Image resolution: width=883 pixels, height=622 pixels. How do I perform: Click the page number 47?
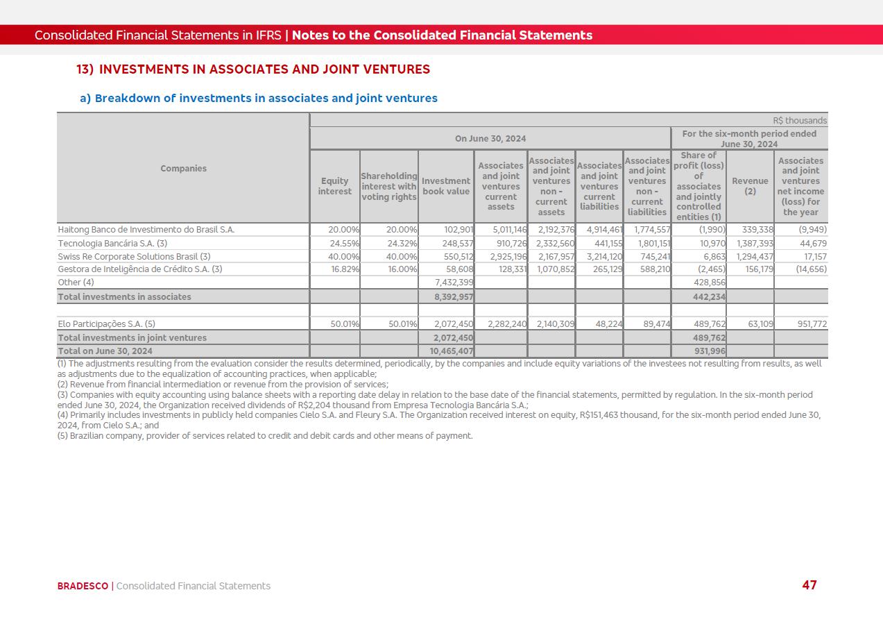pyautogui.click(x=809, y=585)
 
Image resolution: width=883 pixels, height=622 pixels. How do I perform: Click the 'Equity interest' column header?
pyautogui.click(x=335, y=186)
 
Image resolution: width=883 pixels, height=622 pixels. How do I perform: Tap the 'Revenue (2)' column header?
pyautogui.click(x=750, y=186)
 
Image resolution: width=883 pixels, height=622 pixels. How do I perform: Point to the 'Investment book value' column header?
pyautogui.click(x=446, y=186)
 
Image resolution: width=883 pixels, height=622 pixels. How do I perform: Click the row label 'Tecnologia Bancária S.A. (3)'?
pyautogui.click(x=112, y=244)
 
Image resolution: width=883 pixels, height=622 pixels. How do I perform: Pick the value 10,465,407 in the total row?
pyautogui.click(x=452, y=351)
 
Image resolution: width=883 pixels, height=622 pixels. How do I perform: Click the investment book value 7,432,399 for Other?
pyautogui.click(x=454, y=283)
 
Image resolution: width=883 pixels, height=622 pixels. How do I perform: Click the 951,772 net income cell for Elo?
pyautogui.click(x=807, y=323)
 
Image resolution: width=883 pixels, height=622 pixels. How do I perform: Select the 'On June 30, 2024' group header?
pyautogui.click(x=490, y=139)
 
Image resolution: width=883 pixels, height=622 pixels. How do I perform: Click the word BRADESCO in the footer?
pyautogui.click(x=83, y=586)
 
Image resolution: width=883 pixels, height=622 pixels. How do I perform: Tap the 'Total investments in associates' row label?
pyautogui.click(x=124, y=297)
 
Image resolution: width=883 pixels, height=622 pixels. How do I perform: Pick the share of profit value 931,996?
pyautogui.click(x=710, y=351)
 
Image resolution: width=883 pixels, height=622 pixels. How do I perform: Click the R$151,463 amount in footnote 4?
pyautogui.click(x=604, y=415)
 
